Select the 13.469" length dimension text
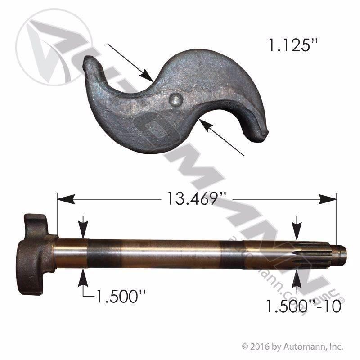(197, 199)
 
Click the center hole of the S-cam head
(175, 100)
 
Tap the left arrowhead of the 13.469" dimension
(66, 199)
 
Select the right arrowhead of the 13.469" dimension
(328, 199)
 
